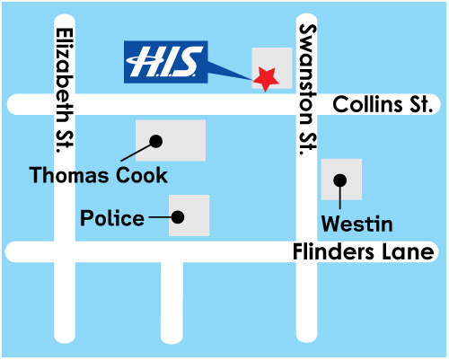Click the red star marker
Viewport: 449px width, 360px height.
click(266, 79)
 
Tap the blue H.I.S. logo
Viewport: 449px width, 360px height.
click(166, 62)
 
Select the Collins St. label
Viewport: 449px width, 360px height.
click(383, 104)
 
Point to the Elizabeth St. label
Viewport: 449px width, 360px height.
click(65, 91)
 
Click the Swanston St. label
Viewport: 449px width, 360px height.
click(307, 90)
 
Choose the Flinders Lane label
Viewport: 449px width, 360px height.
click(364, 251)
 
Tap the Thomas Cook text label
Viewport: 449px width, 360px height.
click(99, 175)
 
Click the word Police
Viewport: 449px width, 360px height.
click(112, 218)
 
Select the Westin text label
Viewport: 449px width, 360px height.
click(357, 224)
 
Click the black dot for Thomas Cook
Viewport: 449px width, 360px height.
click(156, 141)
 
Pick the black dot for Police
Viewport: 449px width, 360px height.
click(178, 217)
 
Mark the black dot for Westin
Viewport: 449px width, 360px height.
click(340, 180)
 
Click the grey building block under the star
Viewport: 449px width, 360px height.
click(272, 68)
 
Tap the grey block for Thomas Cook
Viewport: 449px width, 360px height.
click(171, 141)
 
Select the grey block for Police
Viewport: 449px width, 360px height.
click(189, 215)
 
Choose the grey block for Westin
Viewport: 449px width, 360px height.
click(341, 180)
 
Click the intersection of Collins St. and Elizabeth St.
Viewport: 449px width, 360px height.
click(65, 104)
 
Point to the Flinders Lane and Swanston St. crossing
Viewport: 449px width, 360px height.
click(306, 251)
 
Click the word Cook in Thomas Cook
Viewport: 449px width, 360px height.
click(142, 175)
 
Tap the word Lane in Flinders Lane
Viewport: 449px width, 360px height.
click(404, 251)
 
